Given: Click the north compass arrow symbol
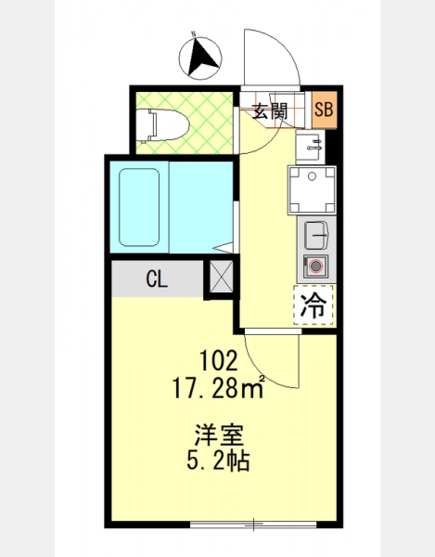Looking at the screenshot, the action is pyautogui.click(x=202, y=58).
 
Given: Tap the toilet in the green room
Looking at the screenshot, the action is pyautogui.click(x=163, y=124).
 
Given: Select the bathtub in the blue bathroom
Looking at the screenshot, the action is pyautogui.click(x=139, y=207).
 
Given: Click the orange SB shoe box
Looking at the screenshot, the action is pyautogui.click(x=325, y=110).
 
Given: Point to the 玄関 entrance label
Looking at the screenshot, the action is pyautogui.click(x=270, y=111).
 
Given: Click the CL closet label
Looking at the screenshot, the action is pyautogui.click(x=157, y=279).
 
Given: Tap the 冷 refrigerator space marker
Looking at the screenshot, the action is pyautogui.click(x=313, y=304).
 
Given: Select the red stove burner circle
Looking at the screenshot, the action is pyautogui.click(x=314, y=266).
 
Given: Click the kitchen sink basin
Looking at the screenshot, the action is pyautogui.click(x=315, y=235).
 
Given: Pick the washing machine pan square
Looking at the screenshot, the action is pyautogui.click(x=312, y=190).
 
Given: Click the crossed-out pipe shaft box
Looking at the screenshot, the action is pyautogui.click(x=222, y=277).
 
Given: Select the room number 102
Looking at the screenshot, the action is pyautogui.click(x=218, y=360).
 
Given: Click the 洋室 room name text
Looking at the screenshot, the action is pyautogui.click(x=219, y=434).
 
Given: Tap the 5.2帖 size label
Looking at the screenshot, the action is pyautogui.click(x=218, y=460).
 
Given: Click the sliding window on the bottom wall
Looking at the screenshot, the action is pyautogui.click(x=253, y=524).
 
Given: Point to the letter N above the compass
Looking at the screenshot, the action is pyautogui.click(x=194, y=34).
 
